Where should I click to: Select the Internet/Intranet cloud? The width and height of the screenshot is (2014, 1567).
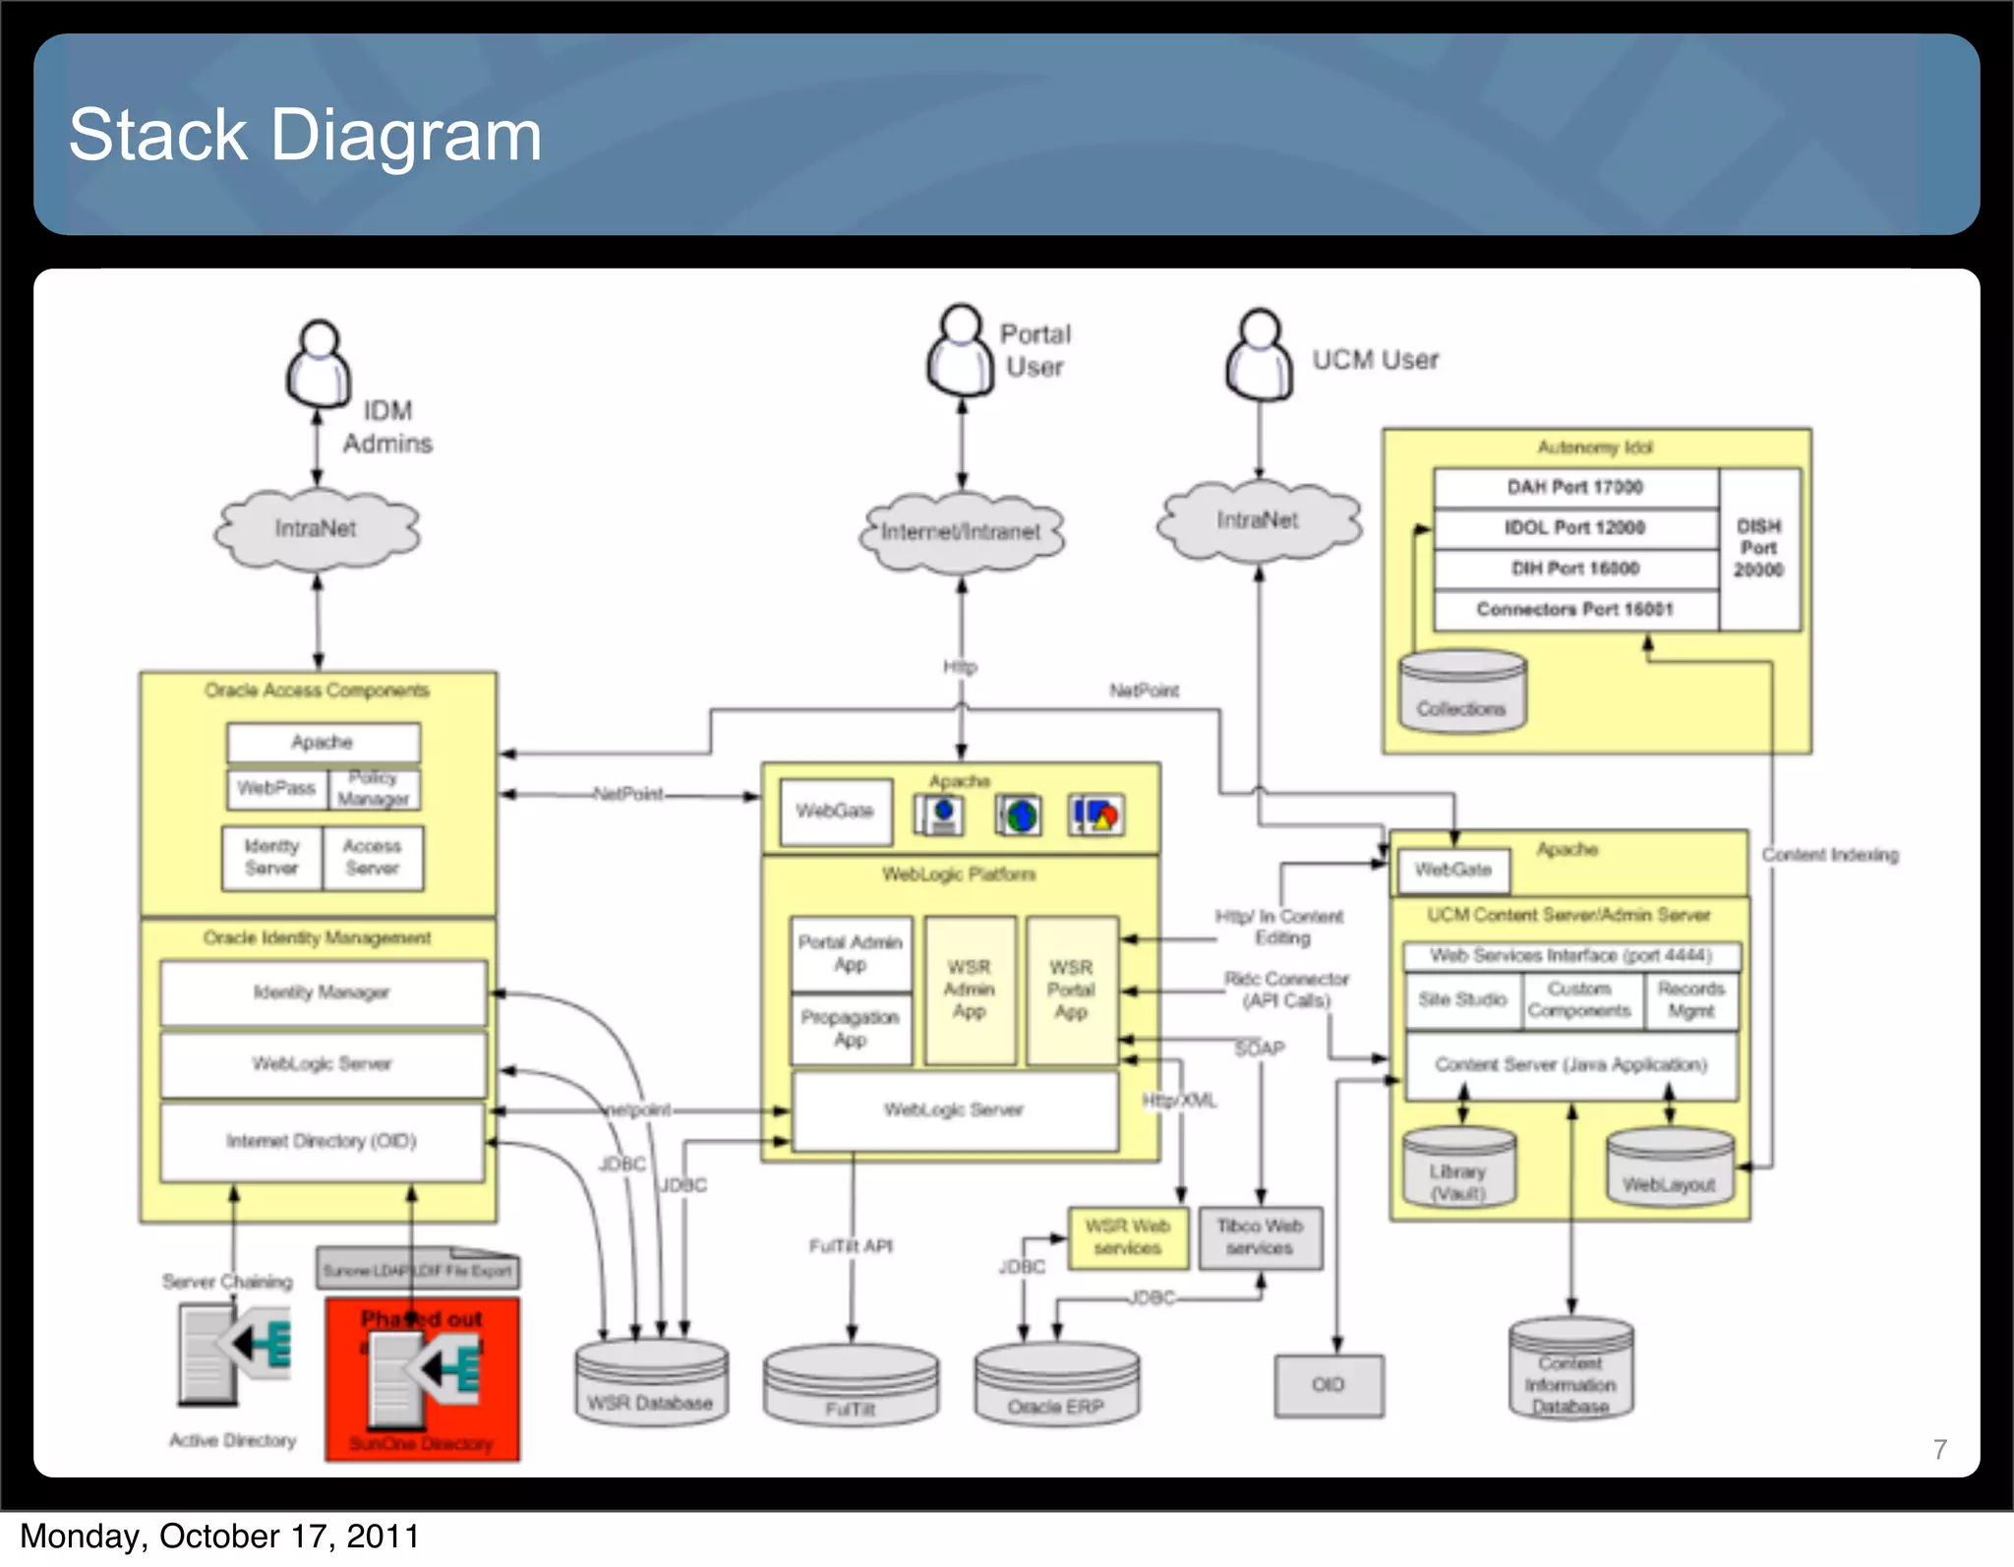pyautogui.click(x=961, y=532)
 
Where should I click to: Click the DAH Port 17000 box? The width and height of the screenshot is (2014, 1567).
pyautogui.click(x=1574, y=488)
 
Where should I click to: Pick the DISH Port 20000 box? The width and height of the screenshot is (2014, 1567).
pyautogui.click(x=1758, y=549)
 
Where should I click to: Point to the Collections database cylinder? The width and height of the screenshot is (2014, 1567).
pyautogui.click(x=1462, y=693)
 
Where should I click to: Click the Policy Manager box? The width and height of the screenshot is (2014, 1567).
pyautogui.click(x=374, y=789)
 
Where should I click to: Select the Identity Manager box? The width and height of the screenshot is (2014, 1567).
pyautogui.click(x=323, y=993)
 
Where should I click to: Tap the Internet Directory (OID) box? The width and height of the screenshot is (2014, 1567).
pyautogui.click(x=323, y=1141)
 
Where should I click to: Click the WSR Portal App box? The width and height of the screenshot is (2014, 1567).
pyautogui.click(x=1071, y=990)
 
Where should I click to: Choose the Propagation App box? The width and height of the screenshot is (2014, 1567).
pyautogui.click(x=851, y=1028)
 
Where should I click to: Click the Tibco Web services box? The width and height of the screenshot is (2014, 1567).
pyautogui.click(x=1260, y=1237)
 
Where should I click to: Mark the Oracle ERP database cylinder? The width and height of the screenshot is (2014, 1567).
pyautogui.click(x=1056, y=1385)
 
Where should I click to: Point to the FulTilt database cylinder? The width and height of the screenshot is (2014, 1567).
pyautogui.click(x=851, y=1387)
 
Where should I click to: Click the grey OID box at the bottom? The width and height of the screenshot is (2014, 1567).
pyautogui.click(x=1329, y=1385)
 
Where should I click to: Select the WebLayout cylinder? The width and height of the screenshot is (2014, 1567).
pyautogui.click(x=1669, y=1168)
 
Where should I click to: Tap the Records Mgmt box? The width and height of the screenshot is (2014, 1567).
pyautogui.click(x=1690, y=1000)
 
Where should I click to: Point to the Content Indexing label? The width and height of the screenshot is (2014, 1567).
pyautogui.click(x=1829, y=855)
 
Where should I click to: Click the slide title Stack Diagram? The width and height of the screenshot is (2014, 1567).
pyautogui.click(x=305, y=135)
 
